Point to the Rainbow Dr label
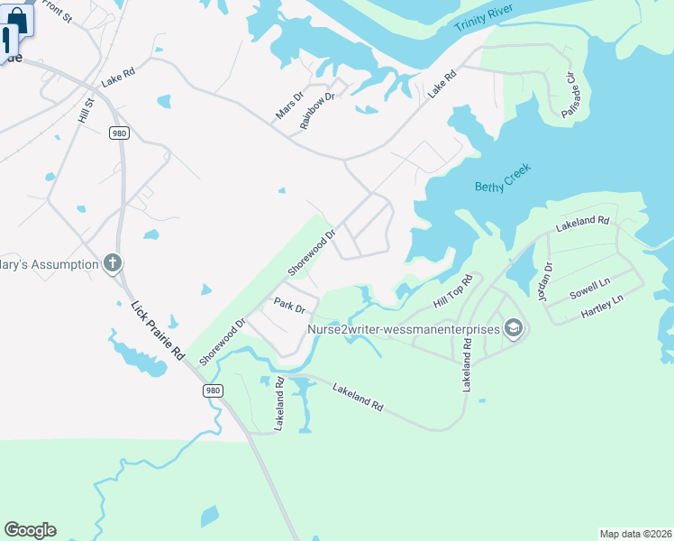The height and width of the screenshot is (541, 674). (317, 109)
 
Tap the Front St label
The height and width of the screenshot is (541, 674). (56, 11)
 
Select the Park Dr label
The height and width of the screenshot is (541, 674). (290, 307)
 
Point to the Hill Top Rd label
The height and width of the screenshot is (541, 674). (452, 290)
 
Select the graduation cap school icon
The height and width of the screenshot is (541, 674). (514, 327)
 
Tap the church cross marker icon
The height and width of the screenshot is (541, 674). (113, 263)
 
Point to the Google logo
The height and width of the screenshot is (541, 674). (30, 530)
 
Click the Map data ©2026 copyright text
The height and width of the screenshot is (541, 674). (634, 534)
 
